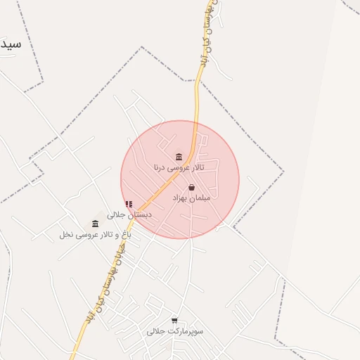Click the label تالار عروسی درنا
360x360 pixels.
[179, 167]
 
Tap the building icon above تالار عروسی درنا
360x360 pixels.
[179, 156]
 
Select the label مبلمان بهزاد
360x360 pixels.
[191, 199]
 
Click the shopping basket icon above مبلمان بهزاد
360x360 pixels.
[191, 188]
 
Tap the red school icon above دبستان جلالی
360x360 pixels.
[129, 204]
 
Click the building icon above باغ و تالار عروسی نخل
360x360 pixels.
[95, 224]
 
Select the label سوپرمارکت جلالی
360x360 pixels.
[175, 330]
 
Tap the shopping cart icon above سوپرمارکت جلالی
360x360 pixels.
[174, 320]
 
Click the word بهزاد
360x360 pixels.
[181, 199]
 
